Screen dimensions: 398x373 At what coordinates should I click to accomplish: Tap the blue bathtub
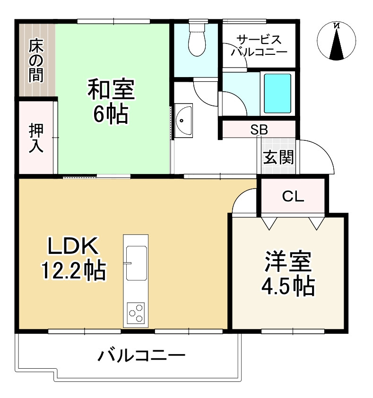click(x=277, y=93)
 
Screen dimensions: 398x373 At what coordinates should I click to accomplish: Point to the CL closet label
click(x=293, y=197)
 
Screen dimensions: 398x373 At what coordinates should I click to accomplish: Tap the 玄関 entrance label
click(x=278, y=157)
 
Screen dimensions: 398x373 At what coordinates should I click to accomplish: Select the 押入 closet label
click(x=36, y=138)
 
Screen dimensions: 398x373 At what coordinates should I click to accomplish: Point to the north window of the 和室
click(x=113, y=21)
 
